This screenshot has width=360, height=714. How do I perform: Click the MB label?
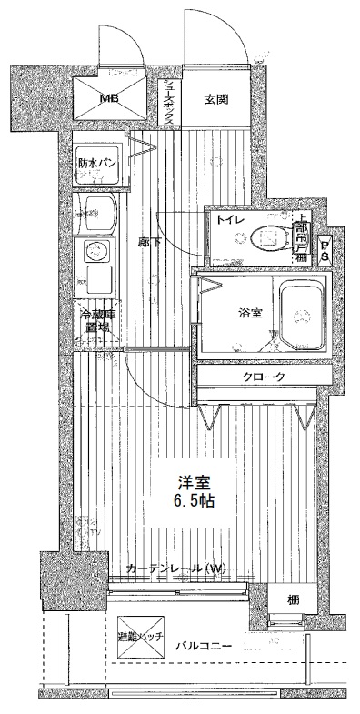pyautogui.click(x=108, y=99)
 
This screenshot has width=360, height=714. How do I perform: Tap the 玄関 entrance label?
pyautogui.click(x=215, y=99)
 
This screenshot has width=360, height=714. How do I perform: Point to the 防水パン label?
pyautogui.click(x=95, y=164)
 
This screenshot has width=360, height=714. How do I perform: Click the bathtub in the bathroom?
pyautogui.click(x=304, y=315)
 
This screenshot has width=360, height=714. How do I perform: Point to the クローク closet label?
pyautogui.click(x=265, y=377)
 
